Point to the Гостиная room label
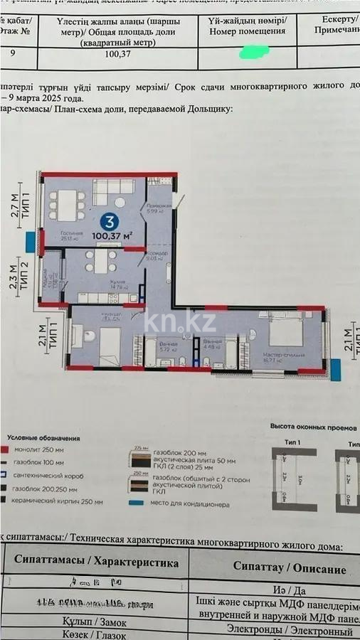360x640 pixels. point(72,233)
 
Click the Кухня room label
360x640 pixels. point(117,283)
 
